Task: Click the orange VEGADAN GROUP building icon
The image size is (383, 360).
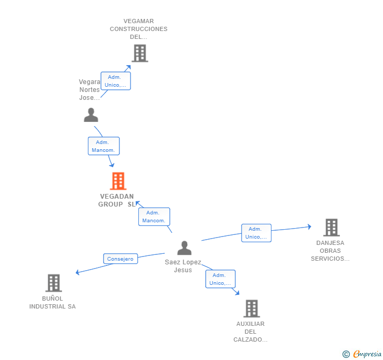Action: [x=118, y=181]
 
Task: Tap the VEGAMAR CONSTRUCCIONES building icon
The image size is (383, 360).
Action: [x=139, y=53]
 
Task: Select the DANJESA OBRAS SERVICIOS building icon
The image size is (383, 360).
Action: [x=331, y=228]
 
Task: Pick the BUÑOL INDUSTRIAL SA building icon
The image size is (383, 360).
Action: [x=53, y=283]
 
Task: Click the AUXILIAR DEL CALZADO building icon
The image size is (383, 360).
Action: [x=251, y=308]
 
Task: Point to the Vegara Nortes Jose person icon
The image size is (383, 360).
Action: [x=91, y=115]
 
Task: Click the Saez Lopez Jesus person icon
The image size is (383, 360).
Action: [x=184, y=248]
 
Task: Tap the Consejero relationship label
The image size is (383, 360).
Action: [x=120, y=259]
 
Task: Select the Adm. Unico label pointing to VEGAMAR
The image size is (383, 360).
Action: [x=116, y=81]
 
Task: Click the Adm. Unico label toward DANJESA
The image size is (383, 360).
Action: [x=256, y=233]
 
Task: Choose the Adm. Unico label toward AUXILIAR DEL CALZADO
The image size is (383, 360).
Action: [x=220, y=279]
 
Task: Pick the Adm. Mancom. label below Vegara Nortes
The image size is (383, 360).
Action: [x=104, y=146]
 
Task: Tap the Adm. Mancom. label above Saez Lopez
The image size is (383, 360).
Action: [x=154, y=217]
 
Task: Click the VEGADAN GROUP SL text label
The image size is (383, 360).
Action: [x=116, y=200]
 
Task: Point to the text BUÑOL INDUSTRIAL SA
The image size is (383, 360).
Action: [x=53, y=303]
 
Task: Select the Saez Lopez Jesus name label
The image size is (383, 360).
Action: [x=183, y=266]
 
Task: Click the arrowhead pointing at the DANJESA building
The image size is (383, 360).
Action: [x=309, y=227]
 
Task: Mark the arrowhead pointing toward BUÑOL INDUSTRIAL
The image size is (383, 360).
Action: [x=78, y=272]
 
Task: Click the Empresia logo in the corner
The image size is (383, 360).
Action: [x=367, y=354]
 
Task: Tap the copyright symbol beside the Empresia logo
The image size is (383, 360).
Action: [x=346, y=354]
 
